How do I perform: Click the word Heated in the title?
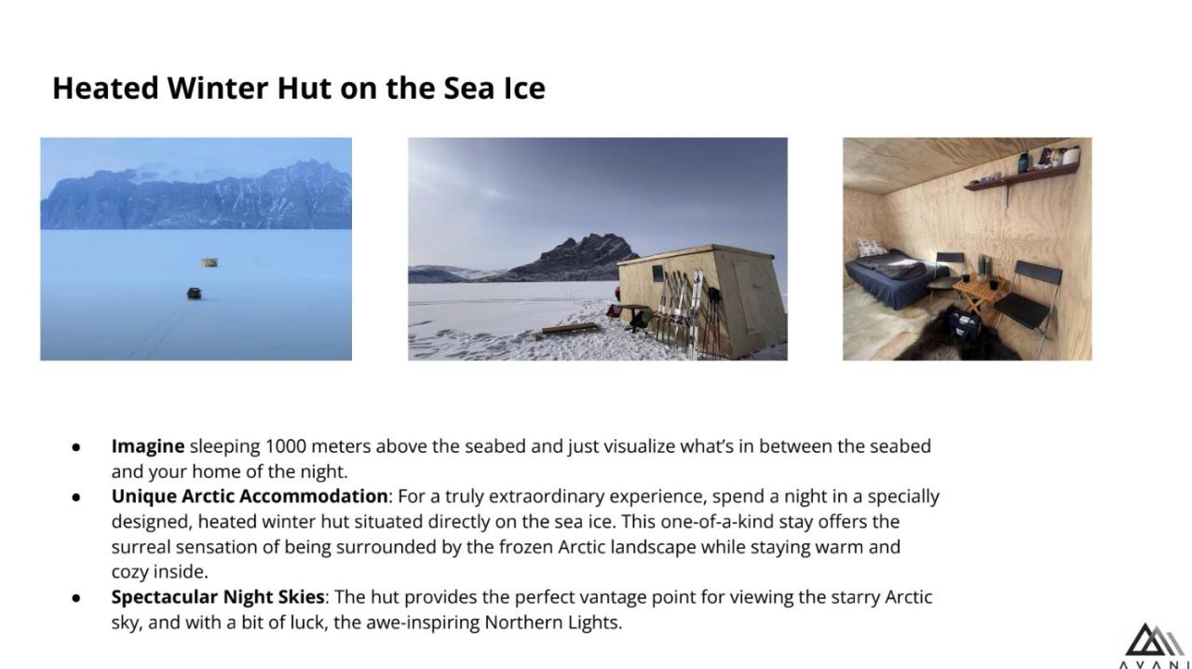pyautogui.click(x=105, y=88)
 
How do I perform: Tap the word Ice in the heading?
pyautogui.click(x=524, y=88)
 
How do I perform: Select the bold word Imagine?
pyautogui.click(x=148, y=446)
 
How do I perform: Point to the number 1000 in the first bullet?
pyautogui.click(x=286, y=445)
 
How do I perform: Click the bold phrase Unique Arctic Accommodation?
pyautogui.click(x=249, y=496)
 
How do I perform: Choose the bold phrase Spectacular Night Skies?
pyautogui.click(x=218, y=597)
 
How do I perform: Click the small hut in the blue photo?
pyautogui.click(x=210, y=263)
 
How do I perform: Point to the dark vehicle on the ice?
pyautogui.click(x=195, y=293)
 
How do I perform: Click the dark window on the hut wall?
pyautogui.click(x=658, y=273)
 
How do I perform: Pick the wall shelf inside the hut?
pyautogui.click(x=1022, y=175)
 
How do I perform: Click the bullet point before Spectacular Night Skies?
pyautogui.click(x=76, y=598)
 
